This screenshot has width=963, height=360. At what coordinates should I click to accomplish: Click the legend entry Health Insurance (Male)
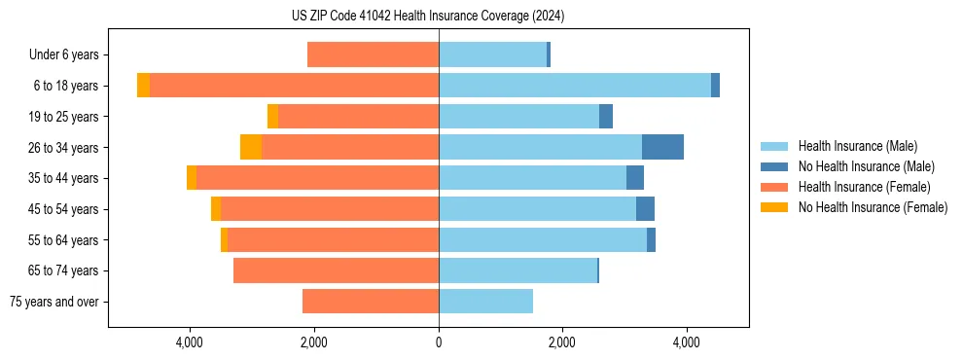(856, 146)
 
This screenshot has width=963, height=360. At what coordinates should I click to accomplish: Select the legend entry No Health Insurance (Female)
(873, 207)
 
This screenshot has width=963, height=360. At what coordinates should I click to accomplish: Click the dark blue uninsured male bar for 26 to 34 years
(662, 147)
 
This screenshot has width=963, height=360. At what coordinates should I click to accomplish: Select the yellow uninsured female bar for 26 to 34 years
(251, 147)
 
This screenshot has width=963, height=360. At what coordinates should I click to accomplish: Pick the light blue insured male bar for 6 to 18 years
(574, 86)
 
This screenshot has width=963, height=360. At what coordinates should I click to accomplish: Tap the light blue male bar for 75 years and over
(485, 302)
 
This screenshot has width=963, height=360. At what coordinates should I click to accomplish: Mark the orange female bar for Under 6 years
(373, 55)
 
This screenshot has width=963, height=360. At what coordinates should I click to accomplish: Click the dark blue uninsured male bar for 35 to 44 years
(635, 178)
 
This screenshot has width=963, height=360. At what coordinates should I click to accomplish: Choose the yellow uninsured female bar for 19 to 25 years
(272, 117)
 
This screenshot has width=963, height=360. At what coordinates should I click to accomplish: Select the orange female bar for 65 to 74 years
(336, 270)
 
